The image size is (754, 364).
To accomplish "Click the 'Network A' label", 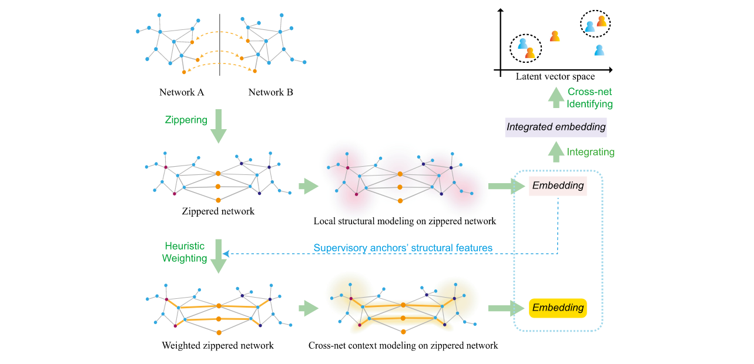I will point(182,92).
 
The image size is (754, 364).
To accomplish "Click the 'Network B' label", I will point(270,92).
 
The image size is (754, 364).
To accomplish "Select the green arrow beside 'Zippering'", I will point(219,126).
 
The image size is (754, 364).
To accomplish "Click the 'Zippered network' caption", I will point(218,211).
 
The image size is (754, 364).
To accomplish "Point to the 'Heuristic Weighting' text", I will point(185,253).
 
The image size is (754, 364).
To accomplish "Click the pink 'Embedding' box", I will point(558,186).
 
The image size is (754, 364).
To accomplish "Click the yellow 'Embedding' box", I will point(558,308).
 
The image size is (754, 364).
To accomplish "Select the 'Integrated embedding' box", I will point(556,127).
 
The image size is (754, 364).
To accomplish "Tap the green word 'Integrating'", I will point(591,152).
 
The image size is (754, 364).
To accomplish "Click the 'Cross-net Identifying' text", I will point(590,98).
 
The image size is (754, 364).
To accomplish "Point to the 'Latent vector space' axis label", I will point(555,77).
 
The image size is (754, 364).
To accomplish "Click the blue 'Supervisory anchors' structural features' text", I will point(403,248).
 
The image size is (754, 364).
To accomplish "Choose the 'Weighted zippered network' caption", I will point(217,345).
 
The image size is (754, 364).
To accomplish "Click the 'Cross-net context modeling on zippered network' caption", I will point(403,345).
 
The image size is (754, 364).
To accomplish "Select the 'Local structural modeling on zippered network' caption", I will point(405,221).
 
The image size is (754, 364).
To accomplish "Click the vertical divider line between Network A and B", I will point(220,45).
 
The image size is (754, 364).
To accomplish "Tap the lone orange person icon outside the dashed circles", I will point(554,36).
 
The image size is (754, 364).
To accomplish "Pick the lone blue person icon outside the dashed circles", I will point(599,50).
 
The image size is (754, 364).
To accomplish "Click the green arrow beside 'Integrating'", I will point(556,152).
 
